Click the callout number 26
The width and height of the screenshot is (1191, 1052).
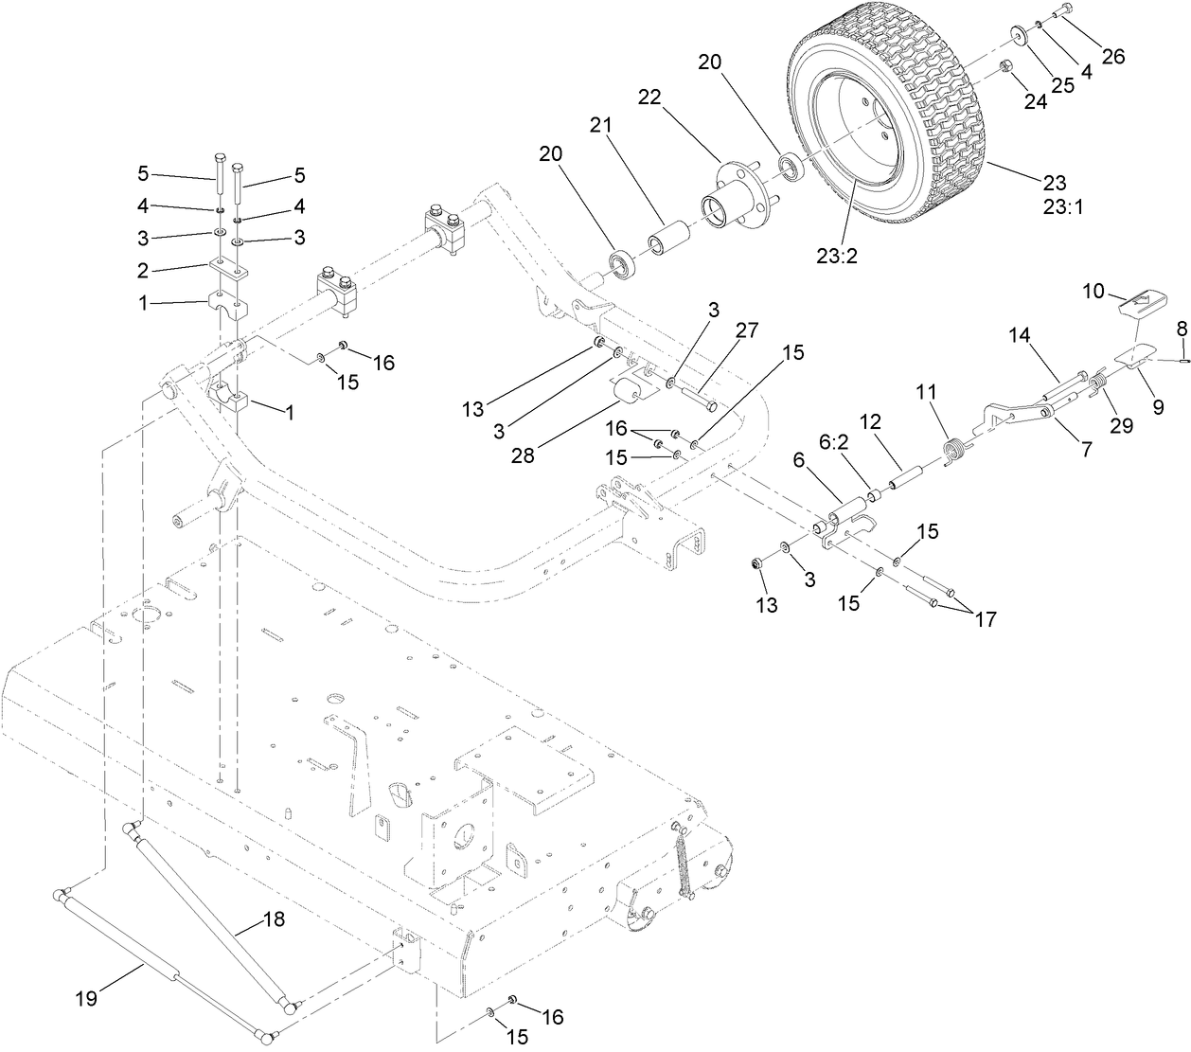(1112, 56)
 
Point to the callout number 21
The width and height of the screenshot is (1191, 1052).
(602, 125)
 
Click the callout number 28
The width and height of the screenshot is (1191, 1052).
(523, 455)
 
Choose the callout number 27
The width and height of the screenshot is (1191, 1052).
(747, 330)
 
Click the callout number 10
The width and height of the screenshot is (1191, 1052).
(1093, 291)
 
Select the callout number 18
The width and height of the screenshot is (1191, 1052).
(274, 918)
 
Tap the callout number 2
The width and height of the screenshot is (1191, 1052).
(143, 271)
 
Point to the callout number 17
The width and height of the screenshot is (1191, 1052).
(985, 619)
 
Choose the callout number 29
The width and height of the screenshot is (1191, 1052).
(1121, 426)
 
